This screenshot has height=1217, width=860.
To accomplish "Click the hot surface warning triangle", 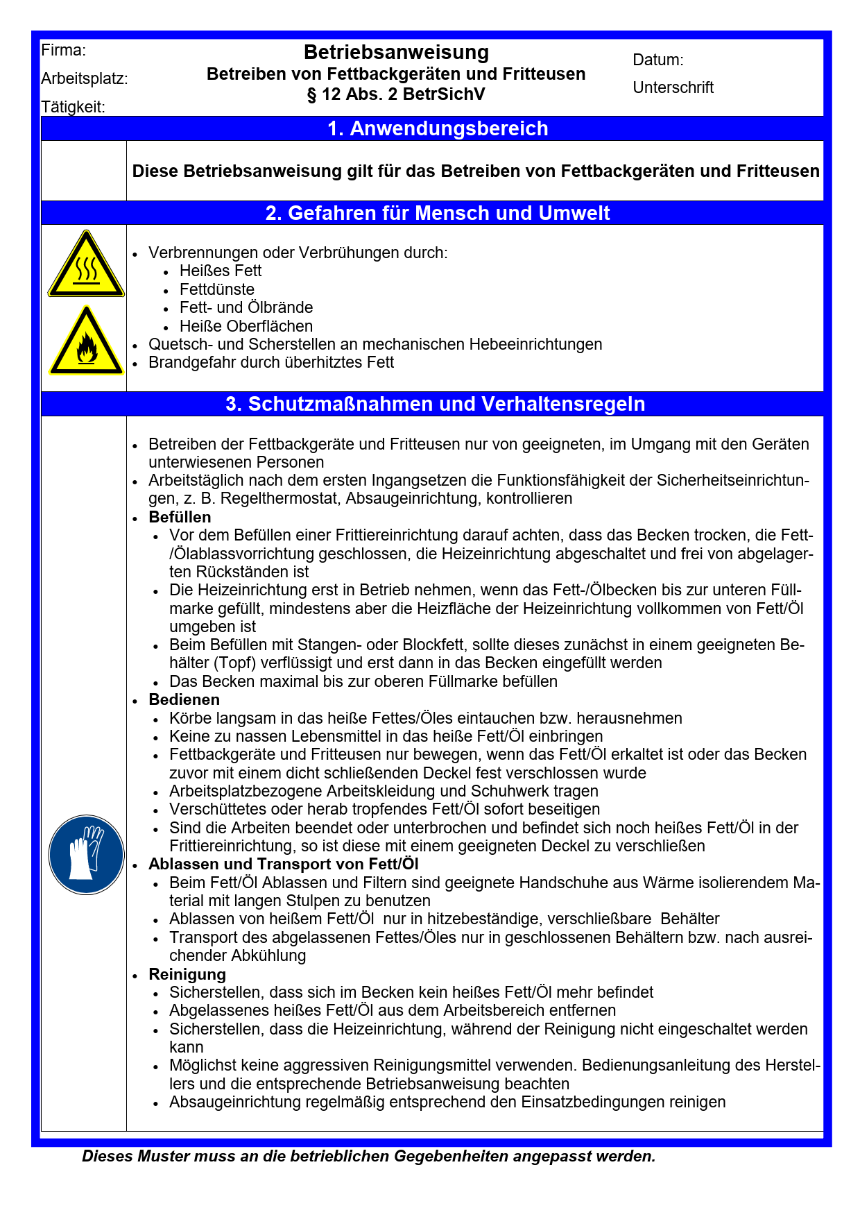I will pos(86,266).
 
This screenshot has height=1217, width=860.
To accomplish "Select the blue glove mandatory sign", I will pos(86,854).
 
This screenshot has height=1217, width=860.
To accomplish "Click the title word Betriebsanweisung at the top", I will pos(396,52).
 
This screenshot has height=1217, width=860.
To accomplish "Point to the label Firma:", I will pos(64,50).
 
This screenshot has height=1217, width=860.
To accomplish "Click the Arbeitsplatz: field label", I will pos(85,78).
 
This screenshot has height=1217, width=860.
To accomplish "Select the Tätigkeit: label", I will pos(74,107).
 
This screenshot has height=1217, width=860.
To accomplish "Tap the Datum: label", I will pos(658,60).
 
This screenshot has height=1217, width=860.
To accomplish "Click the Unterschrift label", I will pos(673,87).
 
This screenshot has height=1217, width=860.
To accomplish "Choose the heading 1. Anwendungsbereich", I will pos(438,128).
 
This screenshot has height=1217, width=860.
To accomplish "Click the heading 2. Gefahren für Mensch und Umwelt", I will pos(438,213).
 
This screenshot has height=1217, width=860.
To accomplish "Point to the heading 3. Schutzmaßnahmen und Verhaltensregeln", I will pos(436,404).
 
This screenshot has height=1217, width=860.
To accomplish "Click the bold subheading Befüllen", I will pos(180,517).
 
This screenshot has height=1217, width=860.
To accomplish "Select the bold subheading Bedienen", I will pos(184,699).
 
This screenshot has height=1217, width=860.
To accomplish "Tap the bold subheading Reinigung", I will pos(187,974).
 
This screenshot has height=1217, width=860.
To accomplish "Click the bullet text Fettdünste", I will pos(216,289).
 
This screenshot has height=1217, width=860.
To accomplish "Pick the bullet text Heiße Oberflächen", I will pos(246,326).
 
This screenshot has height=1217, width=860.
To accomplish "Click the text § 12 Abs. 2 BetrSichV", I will pos(396,94).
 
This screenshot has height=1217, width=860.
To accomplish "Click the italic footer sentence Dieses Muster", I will pos(368,1157).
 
